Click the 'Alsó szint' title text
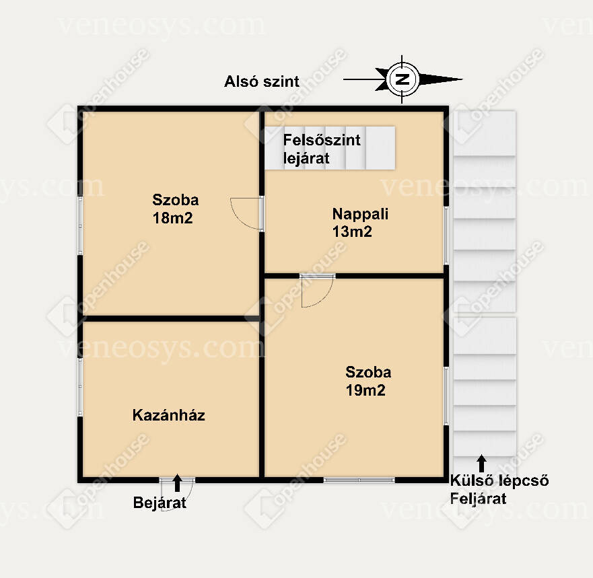pos(262,81)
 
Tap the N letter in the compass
pos(403,79)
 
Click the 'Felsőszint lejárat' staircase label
pos(322,149)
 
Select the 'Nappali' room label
pos(360,214)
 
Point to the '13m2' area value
pos(352,231)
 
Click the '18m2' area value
pos(173,218)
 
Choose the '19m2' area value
pos(365,390)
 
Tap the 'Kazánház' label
pos(169,415)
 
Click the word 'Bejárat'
pos(160,503)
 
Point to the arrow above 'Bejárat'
pos(177,483)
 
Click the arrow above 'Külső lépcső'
pos(481,464)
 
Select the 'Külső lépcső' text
pos(499,480)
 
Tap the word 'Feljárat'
pos(478,499)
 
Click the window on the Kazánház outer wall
pos(80,387)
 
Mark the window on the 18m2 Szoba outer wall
pos(80,225)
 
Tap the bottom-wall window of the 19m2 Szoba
pos(359,480)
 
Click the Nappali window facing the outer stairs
pos(446,236)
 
